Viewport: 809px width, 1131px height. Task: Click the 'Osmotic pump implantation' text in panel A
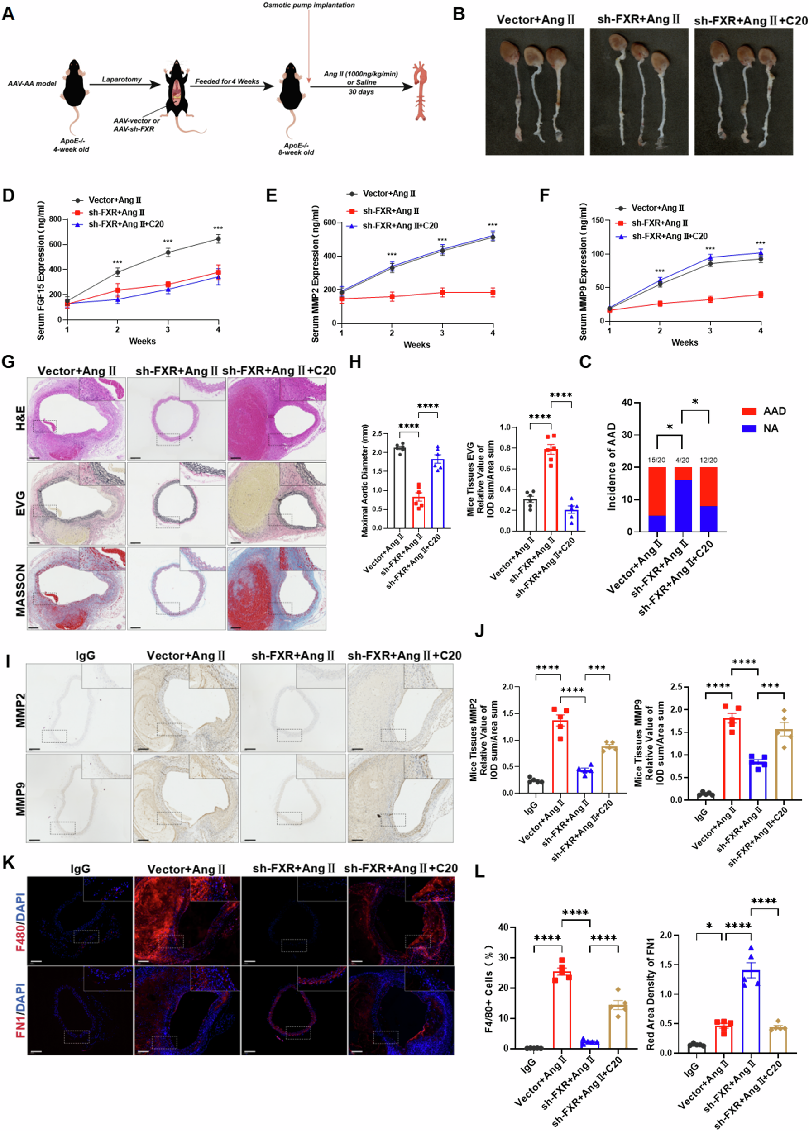[309, 5]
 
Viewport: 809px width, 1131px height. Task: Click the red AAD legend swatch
[749, 411]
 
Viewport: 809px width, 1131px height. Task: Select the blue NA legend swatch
[749, 428]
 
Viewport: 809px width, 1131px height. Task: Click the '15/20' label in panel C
[656, 460]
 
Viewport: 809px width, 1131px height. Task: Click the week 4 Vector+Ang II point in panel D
[218, 239]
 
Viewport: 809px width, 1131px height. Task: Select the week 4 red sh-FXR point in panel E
[493, 292]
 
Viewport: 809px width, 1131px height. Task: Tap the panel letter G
[8, 361]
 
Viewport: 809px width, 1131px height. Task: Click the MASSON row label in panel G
[20, 590]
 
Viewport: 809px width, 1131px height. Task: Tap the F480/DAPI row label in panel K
[20, 922]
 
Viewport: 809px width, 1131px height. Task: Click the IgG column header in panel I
[85, 656]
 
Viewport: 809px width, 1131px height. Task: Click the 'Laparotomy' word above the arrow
[121, 79]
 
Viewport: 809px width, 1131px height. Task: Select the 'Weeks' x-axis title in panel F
[685, 342]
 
